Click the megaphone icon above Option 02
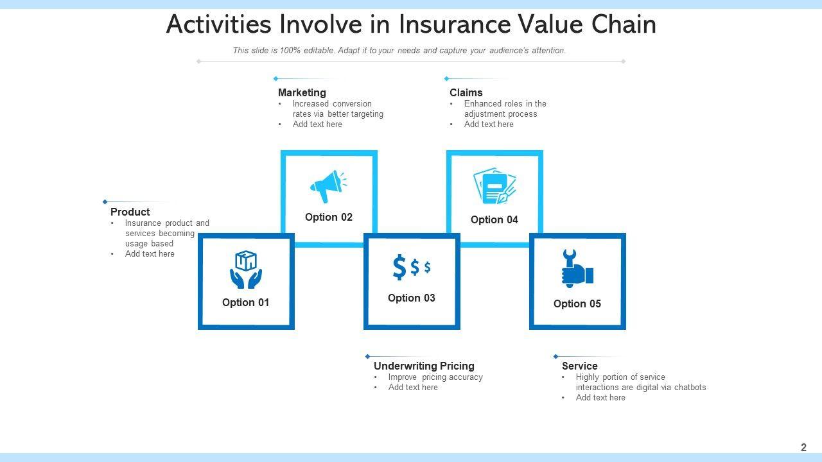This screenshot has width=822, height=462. (328, 186)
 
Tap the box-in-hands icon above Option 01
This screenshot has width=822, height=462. (246, 269)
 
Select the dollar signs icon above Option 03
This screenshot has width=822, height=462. (412, 267)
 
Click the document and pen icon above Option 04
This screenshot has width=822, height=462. (494, 185)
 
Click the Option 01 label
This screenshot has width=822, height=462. (245, 302)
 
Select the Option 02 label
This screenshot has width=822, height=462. (328, 217)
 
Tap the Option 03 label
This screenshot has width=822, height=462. (412, 298)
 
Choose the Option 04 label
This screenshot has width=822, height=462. (494, 219)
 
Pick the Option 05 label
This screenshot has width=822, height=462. (577, 304)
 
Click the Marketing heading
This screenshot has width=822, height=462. (302, 92)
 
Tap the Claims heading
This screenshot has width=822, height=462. (466, 92)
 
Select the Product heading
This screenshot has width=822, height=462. (130, 212)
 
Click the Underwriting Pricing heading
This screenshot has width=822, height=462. (424, 366)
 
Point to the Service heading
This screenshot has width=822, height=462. (579, 366)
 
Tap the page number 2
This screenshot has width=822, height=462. (803, 447)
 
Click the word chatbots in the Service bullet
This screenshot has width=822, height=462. (690, 387)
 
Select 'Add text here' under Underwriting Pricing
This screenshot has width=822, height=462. (413, 387)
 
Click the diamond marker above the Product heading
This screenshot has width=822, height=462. (105, 201)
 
